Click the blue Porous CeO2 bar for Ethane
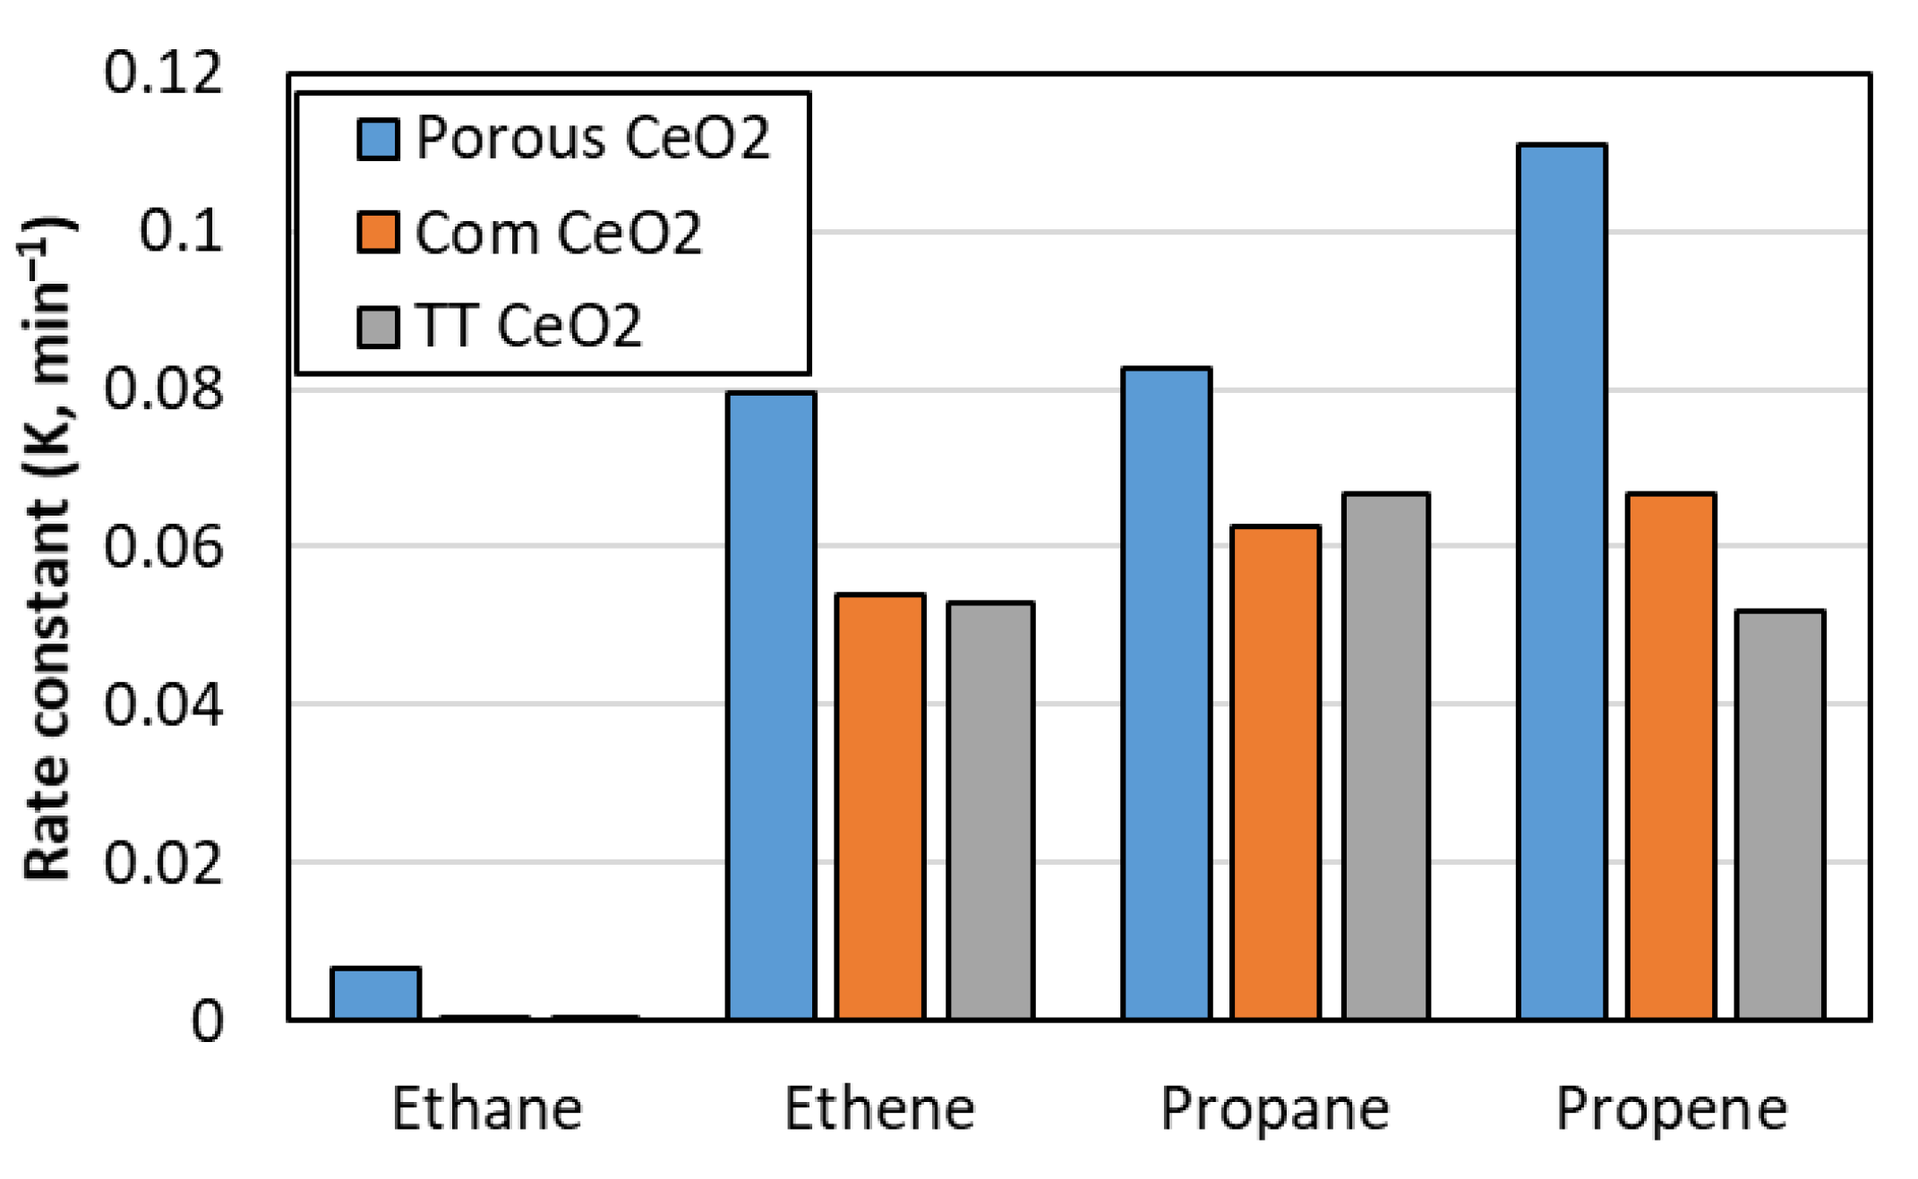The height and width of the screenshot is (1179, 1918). click(375, 993)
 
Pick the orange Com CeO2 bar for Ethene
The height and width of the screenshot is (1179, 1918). click(880, 806)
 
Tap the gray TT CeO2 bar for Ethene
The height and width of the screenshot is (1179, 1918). click(990, 810)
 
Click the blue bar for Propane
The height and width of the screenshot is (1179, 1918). click(1167, 693)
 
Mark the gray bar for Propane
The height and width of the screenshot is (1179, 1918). click(1386, 756)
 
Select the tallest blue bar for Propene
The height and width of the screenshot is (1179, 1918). click(1563, 582)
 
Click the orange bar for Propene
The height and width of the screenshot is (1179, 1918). click(1671, 756)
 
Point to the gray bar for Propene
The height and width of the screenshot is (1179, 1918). click(1780, 815)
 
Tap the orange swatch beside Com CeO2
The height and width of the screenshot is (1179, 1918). click(378, 233)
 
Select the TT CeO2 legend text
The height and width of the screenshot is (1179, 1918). click(528, 326)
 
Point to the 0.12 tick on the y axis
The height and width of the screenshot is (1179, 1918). click(163, 73)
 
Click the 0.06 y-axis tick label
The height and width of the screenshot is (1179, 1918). click(163, 547)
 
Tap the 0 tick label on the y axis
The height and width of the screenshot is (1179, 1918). click(207, 1021)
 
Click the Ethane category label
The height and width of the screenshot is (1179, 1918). click(487, 1109)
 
